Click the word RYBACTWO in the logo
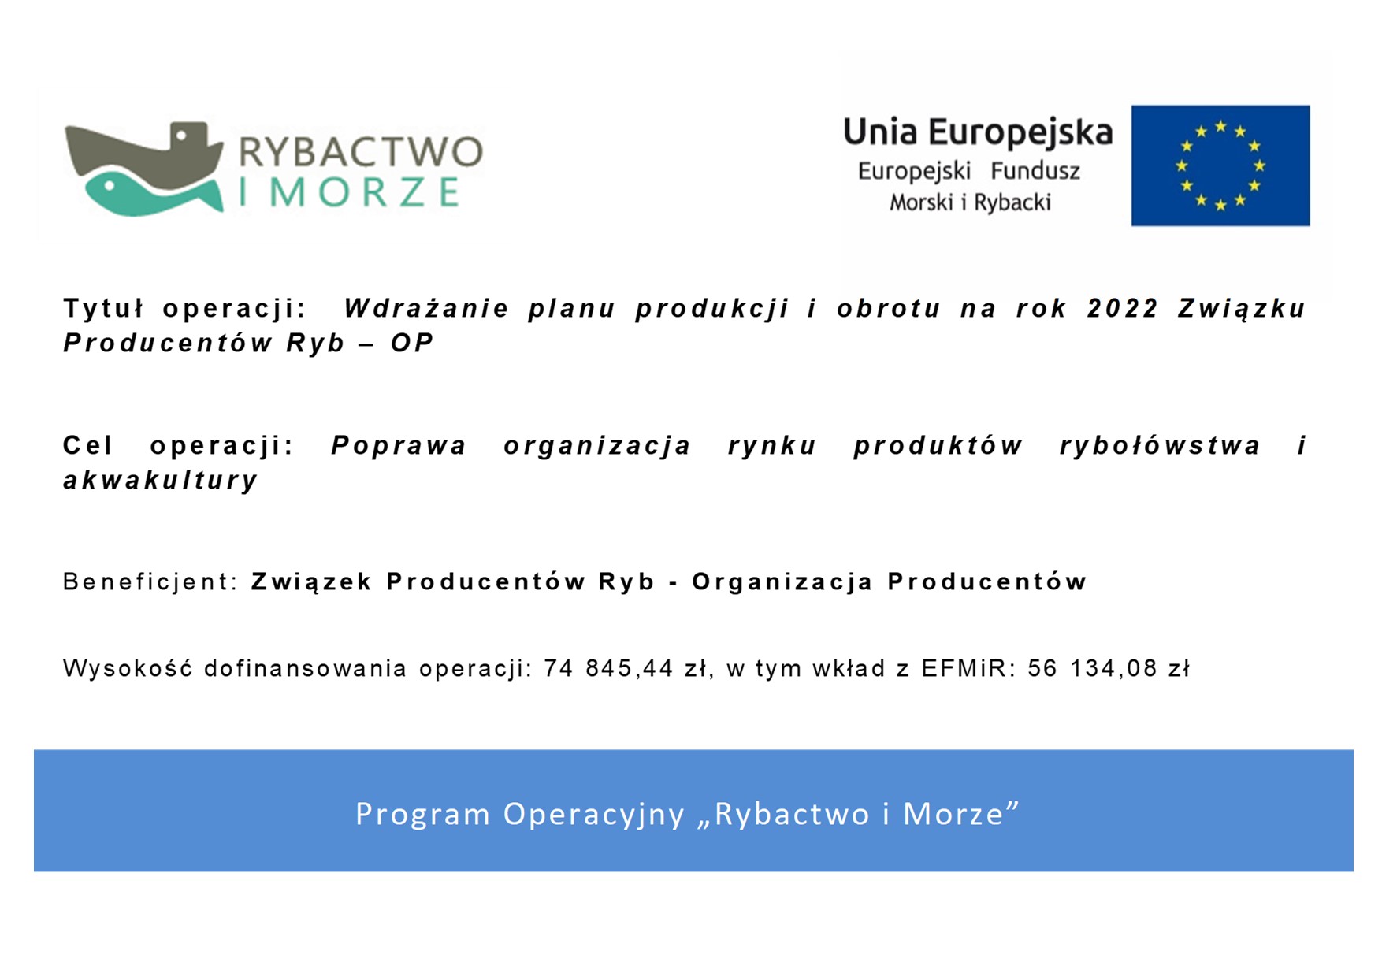361,152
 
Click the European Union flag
1220,165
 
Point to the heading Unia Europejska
978,132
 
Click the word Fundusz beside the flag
1035,171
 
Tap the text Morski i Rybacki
970,203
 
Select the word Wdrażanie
426,308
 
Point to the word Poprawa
399,446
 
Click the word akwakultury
161,481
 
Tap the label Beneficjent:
150,581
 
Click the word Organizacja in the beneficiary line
782,582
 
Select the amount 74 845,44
608,669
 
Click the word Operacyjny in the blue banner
594,815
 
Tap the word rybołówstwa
1160,446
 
